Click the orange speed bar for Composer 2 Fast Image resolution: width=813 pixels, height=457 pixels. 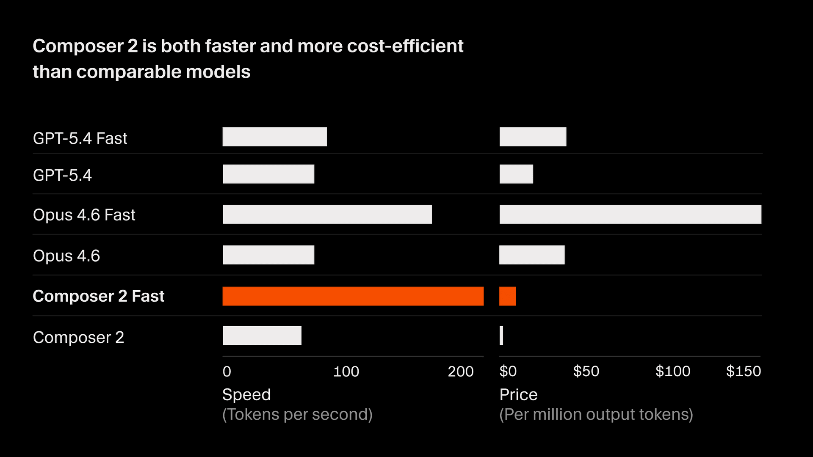coord(353,296)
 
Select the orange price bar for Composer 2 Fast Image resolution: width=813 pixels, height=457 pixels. coord(507,296)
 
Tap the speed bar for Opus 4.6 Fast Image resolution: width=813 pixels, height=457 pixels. coord(327,215)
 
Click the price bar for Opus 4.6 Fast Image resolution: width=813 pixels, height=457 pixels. coord(630,215)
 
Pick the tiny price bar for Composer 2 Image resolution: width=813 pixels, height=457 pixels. coord(501,336)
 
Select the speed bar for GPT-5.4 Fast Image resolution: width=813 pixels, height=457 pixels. coord(274,137)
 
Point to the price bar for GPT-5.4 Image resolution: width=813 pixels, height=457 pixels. coord(516,174)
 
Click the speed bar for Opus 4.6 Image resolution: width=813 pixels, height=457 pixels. coord(268,255)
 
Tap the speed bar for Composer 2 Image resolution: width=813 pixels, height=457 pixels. coord(262,336)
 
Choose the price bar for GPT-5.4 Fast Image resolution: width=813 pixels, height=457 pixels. coord(533,137)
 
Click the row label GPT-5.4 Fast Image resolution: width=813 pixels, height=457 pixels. coord(80,138)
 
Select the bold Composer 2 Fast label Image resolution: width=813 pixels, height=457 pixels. coord(98,296)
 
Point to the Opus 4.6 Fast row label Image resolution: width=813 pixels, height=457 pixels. coord(84,215)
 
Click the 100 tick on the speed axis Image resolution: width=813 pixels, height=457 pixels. coord(346,372)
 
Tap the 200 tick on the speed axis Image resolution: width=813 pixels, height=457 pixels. coord(460,372)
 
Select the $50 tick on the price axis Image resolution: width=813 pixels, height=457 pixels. coord(586,372)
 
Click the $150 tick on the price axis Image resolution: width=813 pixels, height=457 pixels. coord(743,372)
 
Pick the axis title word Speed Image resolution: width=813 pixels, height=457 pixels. coord(246,394)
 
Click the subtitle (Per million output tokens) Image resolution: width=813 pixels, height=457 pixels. coord(596,414)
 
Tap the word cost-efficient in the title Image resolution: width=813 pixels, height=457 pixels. coord(405,46)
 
